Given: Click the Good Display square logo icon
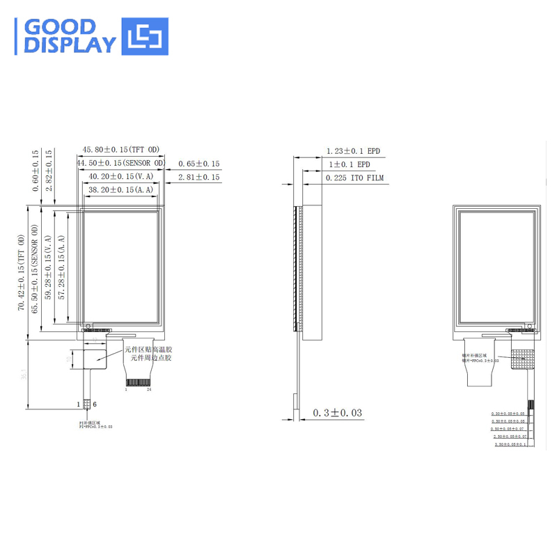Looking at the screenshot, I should click(146, 36).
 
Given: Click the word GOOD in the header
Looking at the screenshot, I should click(59, 27).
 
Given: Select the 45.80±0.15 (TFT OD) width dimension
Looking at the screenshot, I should click(121, 150).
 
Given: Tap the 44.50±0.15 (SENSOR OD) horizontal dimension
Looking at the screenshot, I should click(121, 163).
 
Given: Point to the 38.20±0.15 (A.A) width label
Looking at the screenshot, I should click(120, 189).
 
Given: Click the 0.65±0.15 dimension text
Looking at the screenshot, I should click(198, 164).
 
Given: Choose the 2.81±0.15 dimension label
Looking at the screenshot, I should click(198, 178).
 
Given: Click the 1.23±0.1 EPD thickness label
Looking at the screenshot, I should click(354, 151).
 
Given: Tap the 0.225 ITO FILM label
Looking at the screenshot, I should click(354, 178).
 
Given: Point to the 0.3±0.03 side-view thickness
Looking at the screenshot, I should click(338, 413).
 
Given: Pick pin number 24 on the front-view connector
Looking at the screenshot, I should click(150, 390).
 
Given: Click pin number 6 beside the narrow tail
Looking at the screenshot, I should click(95, 404).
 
